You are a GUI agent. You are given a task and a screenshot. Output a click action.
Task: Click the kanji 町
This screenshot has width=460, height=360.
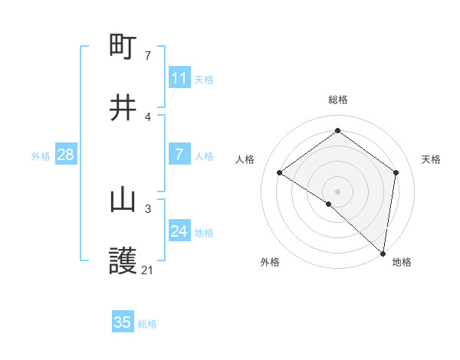[x=123, y=47]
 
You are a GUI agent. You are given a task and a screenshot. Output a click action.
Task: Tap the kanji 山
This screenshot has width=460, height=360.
[x=123, y=200]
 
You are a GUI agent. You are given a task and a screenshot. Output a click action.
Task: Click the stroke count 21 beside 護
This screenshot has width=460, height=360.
[x=148, y=270]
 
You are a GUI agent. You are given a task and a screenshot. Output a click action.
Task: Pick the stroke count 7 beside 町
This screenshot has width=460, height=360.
[x=148, y=55]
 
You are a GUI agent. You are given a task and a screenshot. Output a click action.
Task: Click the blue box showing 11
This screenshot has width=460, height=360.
[x=179, y=78]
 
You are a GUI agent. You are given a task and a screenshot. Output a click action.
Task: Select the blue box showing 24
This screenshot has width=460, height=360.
[x=179, y=231]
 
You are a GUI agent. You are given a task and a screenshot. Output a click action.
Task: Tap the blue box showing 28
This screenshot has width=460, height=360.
[x=66, y=155]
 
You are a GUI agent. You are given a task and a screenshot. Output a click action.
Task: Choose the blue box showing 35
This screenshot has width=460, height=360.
[x=123, y=322]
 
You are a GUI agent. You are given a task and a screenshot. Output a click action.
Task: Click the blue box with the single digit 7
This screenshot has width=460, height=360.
[x=179, y=155]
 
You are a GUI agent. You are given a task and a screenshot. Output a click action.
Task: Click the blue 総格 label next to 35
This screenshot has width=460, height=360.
[x=147, y=324]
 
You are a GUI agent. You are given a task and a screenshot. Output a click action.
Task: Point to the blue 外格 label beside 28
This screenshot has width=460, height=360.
[x=41, y=156]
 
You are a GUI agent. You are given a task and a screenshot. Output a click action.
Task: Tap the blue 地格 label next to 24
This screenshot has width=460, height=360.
[x=204, y=233]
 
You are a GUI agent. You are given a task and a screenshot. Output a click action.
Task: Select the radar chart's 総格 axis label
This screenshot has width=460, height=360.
[x=338, y=100]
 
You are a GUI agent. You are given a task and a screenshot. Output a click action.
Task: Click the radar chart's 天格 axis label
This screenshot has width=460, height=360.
[x=432, y=159]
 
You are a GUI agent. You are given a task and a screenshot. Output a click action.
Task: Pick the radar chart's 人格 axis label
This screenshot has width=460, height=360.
[x=245, y=159]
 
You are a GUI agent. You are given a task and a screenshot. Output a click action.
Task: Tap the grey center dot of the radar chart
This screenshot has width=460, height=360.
[x=338, y=191]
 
